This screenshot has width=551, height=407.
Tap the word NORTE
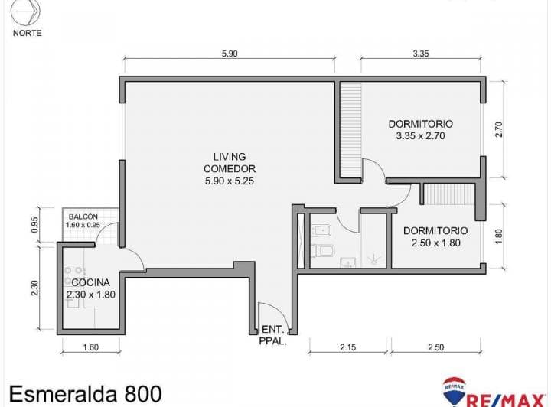pyautogui.click(x=28, y=34)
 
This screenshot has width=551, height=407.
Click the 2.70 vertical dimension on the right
pyautogui.click(x=499, y=129)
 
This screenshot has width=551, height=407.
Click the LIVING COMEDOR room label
pyautogui.click(x=230, y=168)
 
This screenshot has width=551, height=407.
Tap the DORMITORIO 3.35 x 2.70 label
pyautogui.click(x=420, y=129)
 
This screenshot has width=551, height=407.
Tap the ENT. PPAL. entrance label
pyautogui.click(x=273, y=337)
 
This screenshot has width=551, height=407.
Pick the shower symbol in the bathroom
pyautogui.click(x=374, y=259)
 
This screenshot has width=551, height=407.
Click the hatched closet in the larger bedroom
pyautogui.click(x=350, y=130)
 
